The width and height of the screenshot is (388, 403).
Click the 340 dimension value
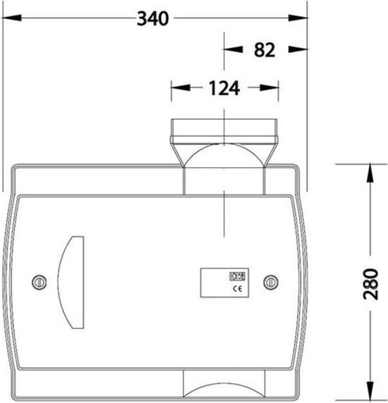point(153,18)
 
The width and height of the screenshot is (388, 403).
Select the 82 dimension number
point(265,50)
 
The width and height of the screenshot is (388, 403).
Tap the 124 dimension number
point(224,88)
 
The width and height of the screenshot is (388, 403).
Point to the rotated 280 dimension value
point(370,284)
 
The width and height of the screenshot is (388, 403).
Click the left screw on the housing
point(39,282)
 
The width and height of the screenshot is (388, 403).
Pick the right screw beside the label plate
point(271,282)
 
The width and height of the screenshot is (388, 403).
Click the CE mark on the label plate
point(238,289)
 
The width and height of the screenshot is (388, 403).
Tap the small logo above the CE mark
point(237,276)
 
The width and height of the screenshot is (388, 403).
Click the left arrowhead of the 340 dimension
point(12,18)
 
